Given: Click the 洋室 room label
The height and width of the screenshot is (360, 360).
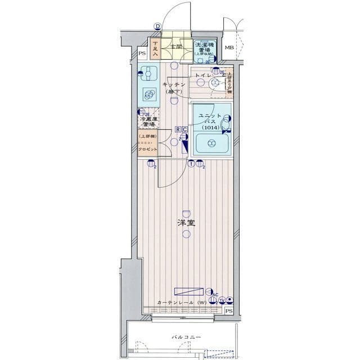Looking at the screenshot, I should [186, 223].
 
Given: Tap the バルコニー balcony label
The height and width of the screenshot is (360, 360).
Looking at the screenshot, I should [186, 338].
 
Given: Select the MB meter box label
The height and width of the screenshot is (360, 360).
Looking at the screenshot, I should [229, 48].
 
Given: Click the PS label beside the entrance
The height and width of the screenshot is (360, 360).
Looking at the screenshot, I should [142, 54].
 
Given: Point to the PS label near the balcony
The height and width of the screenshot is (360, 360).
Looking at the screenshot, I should [228, 311].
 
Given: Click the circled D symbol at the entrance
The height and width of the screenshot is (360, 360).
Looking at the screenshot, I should [158, 26].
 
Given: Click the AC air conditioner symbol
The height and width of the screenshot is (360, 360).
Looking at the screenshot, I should [215, 294].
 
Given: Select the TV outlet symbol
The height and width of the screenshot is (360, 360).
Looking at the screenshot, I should [222, 300].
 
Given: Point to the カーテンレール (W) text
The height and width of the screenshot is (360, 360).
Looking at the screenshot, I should [181, 303].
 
